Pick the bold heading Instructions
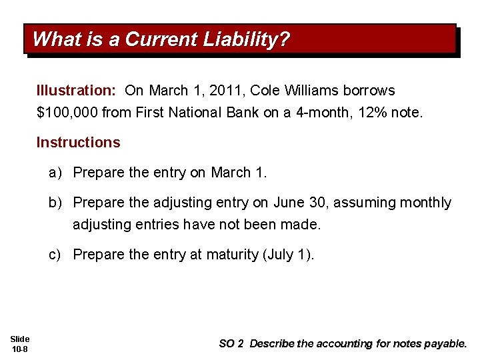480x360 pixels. (78, 142)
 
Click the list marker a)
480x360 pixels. (56, 173)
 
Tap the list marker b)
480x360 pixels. (56, 202)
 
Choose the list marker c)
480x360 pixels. (56, 254)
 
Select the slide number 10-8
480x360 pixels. (20, 349)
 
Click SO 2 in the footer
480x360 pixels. (231, 343)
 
